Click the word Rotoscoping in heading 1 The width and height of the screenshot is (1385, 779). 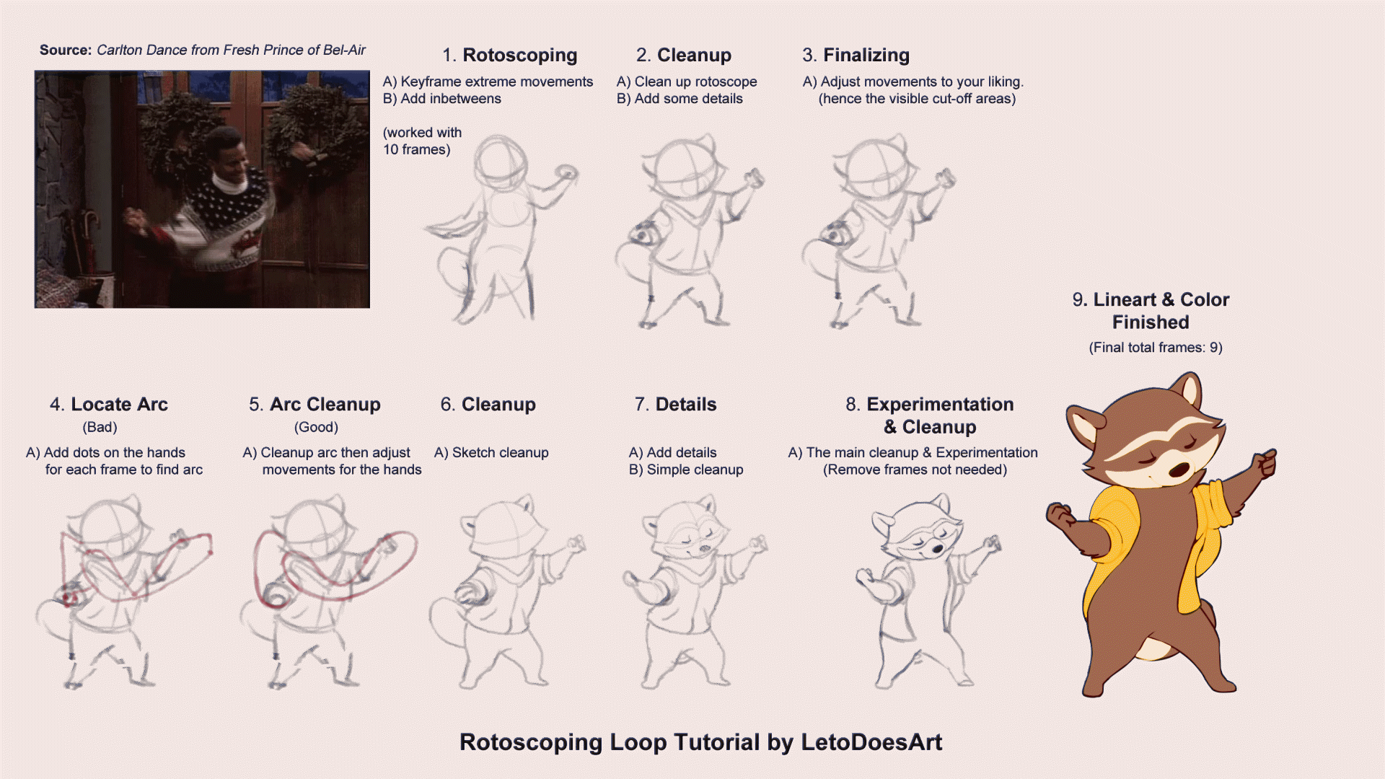click(519, 56)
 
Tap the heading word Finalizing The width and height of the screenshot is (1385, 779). click(866, 56)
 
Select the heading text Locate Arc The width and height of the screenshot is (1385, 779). click(119, 405)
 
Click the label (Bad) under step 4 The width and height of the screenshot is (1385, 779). click(100, 427)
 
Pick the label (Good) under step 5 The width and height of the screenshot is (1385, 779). click(316, 427)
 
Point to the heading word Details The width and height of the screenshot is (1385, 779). click(685, 405)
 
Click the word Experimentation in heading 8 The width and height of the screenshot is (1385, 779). click(940, 405)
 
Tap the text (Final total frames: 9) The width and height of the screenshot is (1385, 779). click(1156, 348)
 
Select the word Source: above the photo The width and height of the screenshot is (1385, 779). click(66, 50)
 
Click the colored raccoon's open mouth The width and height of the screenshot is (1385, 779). click(1179, 470)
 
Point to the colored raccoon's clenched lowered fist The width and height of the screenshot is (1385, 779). click(1059, 514)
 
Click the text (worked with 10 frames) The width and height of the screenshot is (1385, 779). click(422, 141)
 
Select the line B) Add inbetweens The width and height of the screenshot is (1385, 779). click(441, 99)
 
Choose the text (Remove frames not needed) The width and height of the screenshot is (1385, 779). click(915, 470)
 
